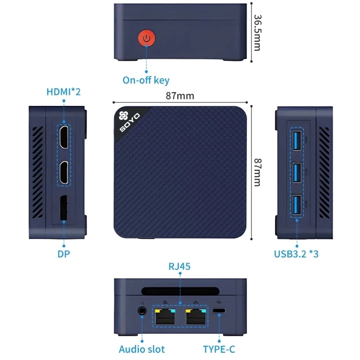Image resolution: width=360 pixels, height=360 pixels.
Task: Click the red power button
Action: click(x=146, y=38)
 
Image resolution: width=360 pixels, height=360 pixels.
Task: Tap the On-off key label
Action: click(x=146, y=80)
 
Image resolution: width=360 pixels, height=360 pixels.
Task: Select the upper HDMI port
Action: click(x=64, y=137)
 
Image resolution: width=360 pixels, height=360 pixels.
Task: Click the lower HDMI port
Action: click(x=64, y=172)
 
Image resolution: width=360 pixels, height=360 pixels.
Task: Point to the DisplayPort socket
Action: click(x=64, y=208)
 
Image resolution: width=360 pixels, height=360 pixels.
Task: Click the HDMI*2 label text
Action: click(x=64, y=92)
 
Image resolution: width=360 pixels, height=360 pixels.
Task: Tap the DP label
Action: click(x=64, y=254)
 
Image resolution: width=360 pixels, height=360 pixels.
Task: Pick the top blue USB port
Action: click(x=297, y=141)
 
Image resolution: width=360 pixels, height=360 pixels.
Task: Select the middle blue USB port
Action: click(x=297, y=173)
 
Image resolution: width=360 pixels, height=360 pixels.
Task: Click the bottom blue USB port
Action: click(x=297, y=205)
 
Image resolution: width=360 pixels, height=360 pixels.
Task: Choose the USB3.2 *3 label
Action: click(x=296, y=254)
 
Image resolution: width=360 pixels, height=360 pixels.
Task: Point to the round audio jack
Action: click(x=142, y=311)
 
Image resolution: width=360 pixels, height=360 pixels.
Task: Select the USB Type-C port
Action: click(x=219, y=311)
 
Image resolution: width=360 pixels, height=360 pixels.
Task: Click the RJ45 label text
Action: click(x=180, y=266)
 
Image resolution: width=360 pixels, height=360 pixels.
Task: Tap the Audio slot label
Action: click(x=142, y=349)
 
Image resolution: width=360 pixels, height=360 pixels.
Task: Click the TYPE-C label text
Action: click(x=219, y=349)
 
